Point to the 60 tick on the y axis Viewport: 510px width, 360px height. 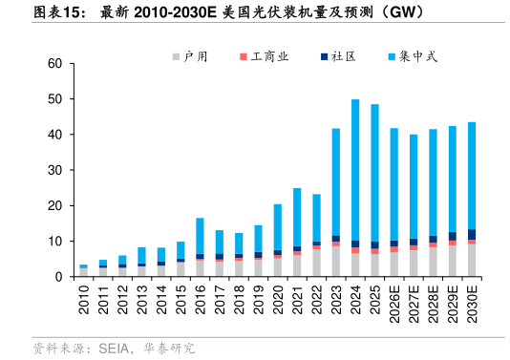coord(55,64)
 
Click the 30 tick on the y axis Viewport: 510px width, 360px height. coord(55,171)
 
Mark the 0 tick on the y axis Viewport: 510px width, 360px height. coord(59,277)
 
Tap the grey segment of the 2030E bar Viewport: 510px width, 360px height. coord(472,261)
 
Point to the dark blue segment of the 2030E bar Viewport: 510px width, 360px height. coord(472,234)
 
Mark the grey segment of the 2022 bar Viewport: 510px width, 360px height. coord(316,264)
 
